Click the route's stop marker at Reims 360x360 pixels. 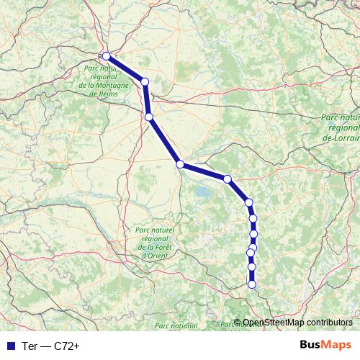tap(107, 55)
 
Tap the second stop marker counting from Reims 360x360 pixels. tap(145, 82)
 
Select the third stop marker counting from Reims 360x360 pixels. tap(148, 117)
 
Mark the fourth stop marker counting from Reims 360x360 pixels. tap(180, 164)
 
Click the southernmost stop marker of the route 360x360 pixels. tap(252, 284)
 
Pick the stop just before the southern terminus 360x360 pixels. tap(252, 267)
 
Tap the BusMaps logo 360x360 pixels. tap(325, 346)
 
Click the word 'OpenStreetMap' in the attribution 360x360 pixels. tap(273, 323)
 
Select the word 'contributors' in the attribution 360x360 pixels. tap(328, 323)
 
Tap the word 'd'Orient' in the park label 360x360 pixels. tap(155, 255)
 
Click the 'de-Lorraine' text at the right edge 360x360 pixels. tap(341, 136)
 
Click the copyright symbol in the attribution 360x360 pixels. tap(238, 323)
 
